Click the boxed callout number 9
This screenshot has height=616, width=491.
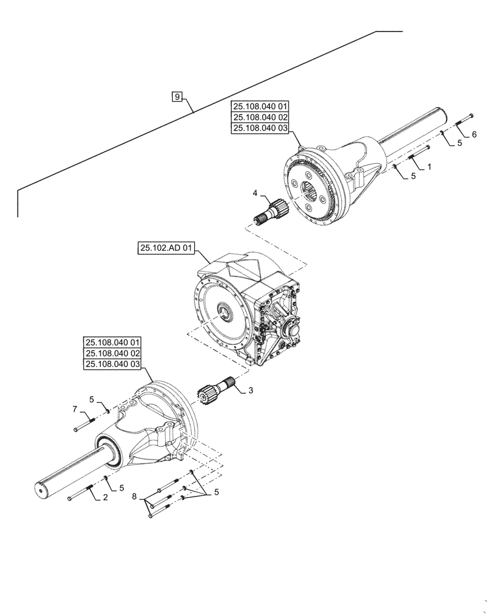pyautogui.click(x=177, y=97)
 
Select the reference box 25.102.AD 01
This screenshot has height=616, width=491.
pyautogui.click(x=167, y=249)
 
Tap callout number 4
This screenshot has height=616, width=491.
pyautogui.click(x=255, y=194)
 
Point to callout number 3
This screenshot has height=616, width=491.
pyautogui.click(x=251, y=391)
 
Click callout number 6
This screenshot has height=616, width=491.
pyautogui.click(x=474, y=134)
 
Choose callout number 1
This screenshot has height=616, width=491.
pyautogui.click(x=429, y=167)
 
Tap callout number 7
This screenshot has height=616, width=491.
pyautogui.click(x=75, y=409)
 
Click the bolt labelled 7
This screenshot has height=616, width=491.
pyautogui.click(x=84, y=423)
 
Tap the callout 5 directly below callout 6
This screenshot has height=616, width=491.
pyautogui.click(x=460, y=143)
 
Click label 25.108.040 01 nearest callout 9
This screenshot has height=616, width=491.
pyautogui.click(x=260, y=106)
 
